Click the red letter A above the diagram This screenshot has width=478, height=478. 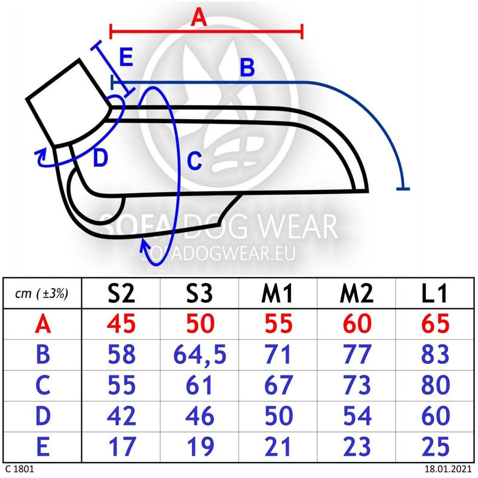[199, 17]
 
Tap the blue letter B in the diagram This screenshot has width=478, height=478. [247, 67]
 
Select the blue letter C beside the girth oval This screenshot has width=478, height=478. [195, 161]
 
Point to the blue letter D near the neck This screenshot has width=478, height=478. [100, 158]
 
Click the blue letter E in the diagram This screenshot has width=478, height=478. [126, 57]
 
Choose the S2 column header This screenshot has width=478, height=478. [121, 293]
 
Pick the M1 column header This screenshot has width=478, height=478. [277, 293]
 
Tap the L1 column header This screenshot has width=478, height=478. [434, 293]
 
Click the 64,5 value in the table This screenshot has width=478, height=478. [200, 354]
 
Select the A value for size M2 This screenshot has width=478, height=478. [357, 323]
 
